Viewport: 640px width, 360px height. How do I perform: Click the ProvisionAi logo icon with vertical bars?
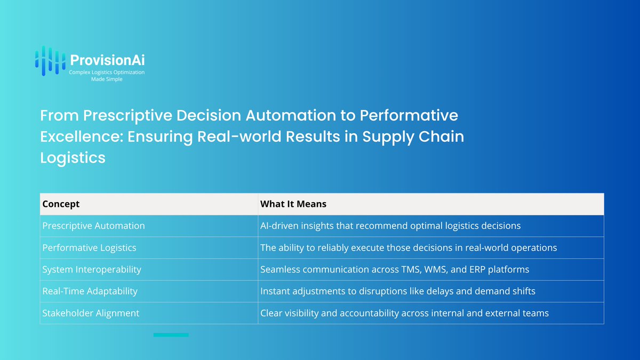[x=50, y=61]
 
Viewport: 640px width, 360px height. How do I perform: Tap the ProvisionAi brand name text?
[x=107, y=60]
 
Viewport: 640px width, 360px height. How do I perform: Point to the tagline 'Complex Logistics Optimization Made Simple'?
[x=107, y=76]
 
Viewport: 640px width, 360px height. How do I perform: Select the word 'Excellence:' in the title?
[x=82, y=137]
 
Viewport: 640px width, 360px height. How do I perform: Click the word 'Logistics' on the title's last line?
[x=73, y=158]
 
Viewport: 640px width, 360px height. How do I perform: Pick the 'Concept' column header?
[x=61, y=204]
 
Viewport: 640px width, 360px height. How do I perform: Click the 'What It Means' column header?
[x=293, y=204]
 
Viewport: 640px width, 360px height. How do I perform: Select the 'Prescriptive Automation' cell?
[x=93, y=226]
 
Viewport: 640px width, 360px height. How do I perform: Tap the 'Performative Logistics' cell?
[x=89, y=247]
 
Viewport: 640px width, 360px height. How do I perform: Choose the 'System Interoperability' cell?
[x=92, y=269]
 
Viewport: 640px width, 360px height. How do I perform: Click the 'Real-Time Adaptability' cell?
[x=90, y=291]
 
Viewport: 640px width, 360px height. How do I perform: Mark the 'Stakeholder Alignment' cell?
[x=91, y=313]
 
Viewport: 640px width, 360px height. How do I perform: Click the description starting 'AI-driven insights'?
[x=390, y=226]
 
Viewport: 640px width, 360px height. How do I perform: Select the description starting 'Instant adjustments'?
[x=398, y=291]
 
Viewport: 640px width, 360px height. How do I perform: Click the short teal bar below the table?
[x=171, y=335]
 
